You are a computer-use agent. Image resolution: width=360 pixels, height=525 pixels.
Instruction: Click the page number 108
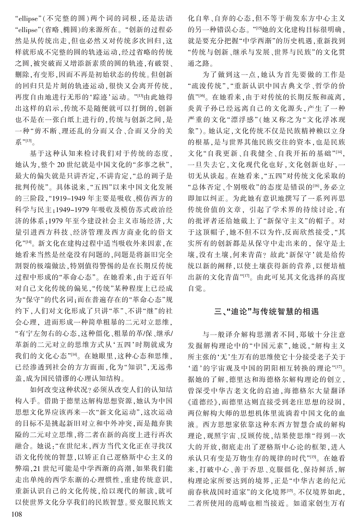pos(12,515)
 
